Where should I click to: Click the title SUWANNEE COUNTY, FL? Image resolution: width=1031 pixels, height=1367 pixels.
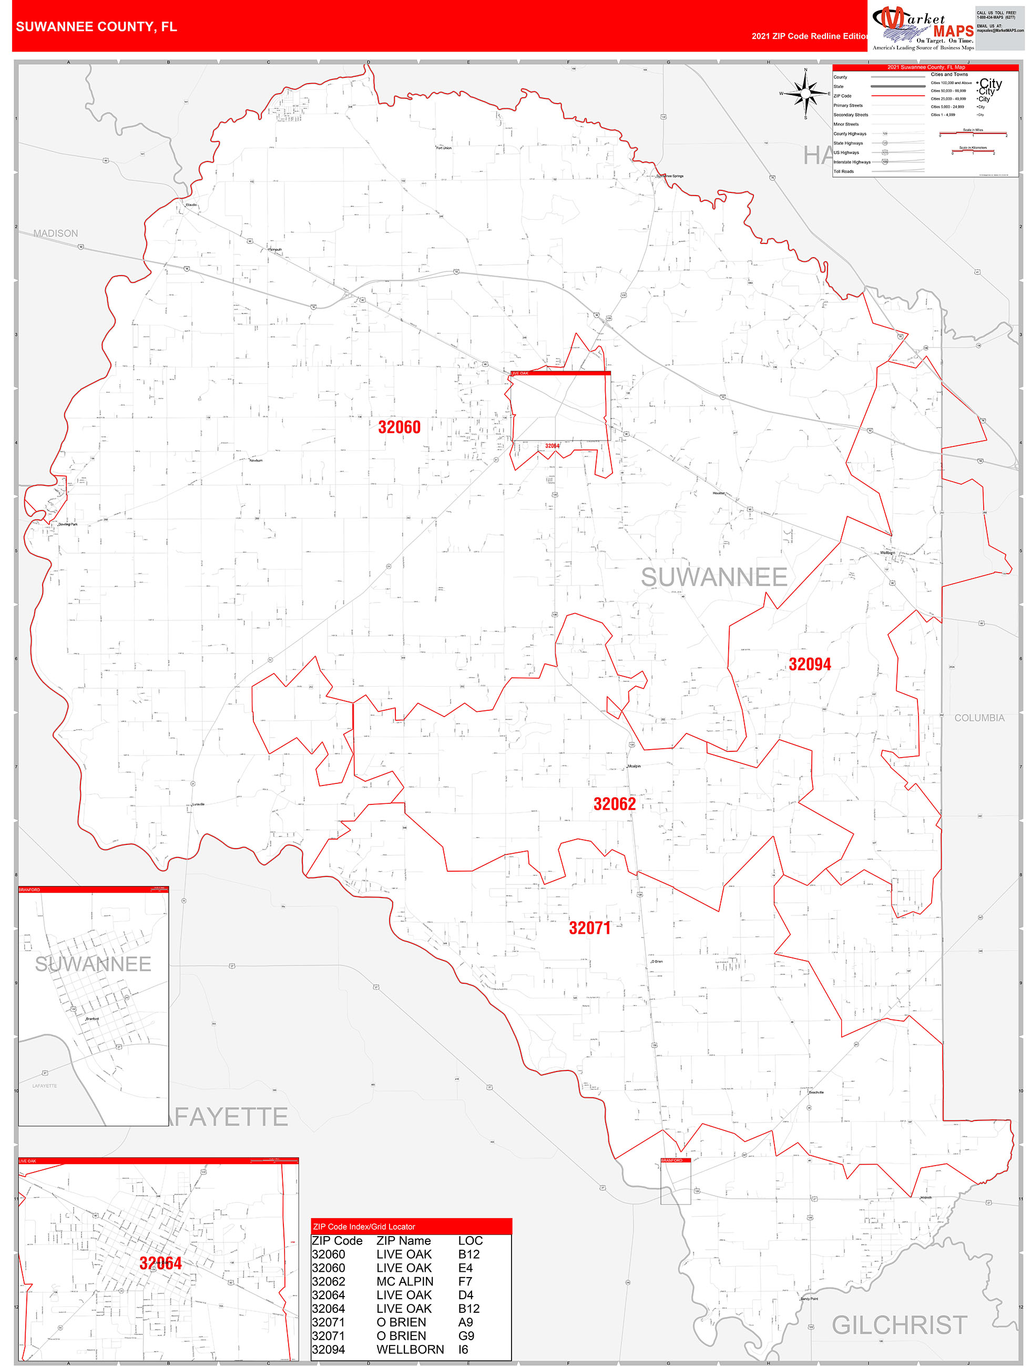[x=96, y=27]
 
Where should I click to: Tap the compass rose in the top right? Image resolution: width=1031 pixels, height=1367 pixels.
[x=805, y=94]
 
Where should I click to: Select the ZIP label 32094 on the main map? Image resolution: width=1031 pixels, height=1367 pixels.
[x=809, y=665]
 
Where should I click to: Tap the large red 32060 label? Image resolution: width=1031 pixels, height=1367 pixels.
[x=399, y=427]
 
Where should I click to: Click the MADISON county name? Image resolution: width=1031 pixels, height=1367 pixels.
[x=56, y=233]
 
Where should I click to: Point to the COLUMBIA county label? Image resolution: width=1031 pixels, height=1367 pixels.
[x=979, y=718]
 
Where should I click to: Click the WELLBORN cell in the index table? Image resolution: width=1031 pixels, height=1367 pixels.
[x=410, y=1350]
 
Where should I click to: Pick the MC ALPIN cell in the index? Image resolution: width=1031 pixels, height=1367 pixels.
[x=405, y=1282]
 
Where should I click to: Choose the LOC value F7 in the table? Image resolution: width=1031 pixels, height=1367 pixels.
[x=465, y=1282]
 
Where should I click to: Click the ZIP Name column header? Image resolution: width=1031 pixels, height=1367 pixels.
[x=403, y=1241]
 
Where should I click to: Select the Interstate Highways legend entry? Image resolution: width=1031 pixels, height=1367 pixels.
[x=852, y=162]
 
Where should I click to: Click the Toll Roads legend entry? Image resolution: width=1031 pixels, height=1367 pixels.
[x=843, y=172]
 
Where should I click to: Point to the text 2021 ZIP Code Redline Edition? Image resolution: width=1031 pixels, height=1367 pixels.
[x=810, y=36]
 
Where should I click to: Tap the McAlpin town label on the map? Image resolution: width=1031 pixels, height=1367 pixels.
[x=634, y=767]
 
